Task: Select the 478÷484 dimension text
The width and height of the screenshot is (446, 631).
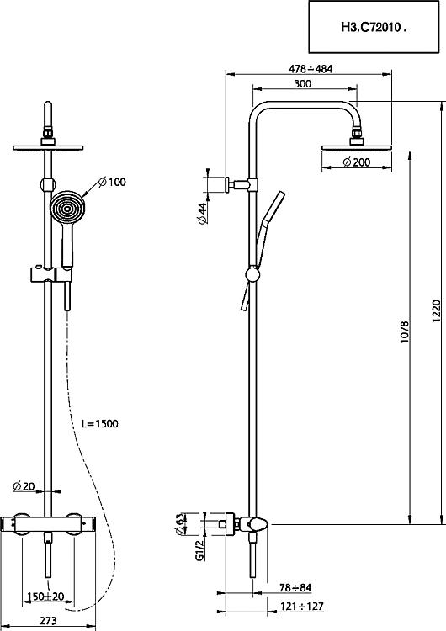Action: (x=311, y=69)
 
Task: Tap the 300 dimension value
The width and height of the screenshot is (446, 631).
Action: (x=303, y=83)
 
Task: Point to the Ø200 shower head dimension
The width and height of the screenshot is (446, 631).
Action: (x=356, y=162)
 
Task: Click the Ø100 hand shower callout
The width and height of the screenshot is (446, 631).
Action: (x=112, y=182)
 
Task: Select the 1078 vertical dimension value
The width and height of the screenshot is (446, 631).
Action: (x=405, y=332)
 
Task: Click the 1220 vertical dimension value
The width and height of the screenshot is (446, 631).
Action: (x=437, y=311)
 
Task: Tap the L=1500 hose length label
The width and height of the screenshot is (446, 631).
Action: (x=100, y=424)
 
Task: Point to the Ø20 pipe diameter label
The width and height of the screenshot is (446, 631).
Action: (x=24, y=486)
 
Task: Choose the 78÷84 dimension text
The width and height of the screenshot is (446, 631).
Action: (x=295, y=588)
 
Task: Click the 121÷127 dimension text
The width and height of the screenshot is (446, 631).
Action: (x=302, y=606)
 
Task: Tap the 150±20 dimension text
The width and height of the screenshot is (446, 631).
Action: (x=45, y=596)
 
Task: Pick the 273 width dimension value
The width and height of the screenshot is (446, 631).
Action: (x=48, y=621)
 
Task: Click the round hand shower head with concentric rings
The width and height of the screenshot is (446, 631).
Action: (x=67, y=208)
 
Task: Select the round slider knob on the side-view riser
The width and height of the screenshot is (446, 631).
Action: (x=252, y=275)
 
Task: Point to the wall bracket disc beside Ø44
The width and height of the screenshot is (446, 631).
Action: (x=227, y=185)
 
